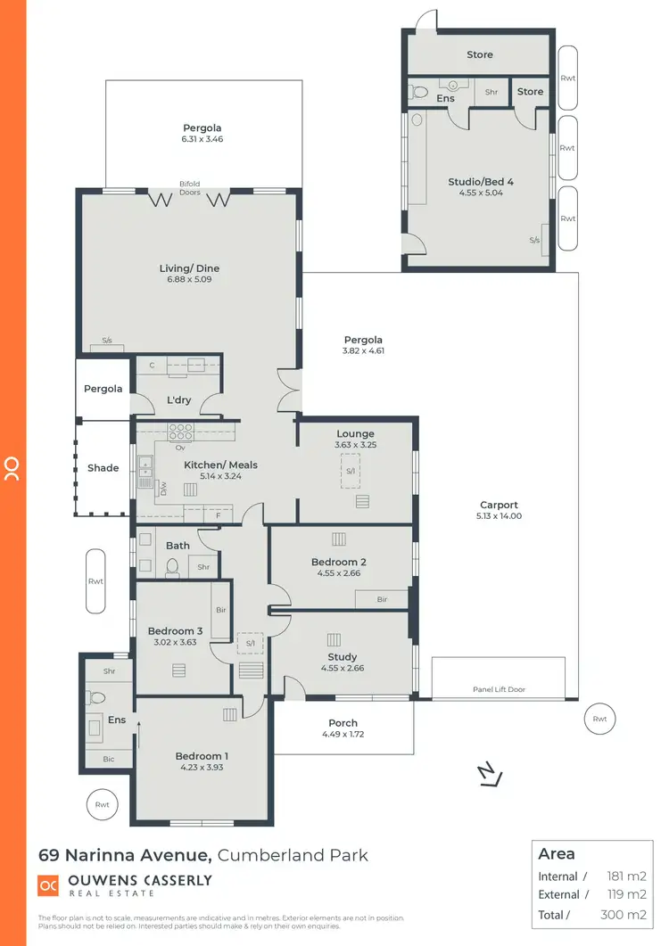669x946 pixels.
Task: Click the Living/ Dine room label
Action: [x=189, y=268]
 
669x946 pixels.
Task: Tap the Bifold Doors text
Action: [x=189, y=188]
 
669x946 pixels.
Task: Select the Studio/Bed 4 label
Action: [x=480, y=182]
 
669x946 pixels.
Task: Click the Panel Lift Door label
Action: [x=499, y=689]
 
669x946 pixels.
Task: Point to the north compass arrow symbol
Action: [x=488, y=777]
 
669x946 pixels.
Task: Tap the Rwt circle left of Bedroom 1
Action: [x=103, y=804]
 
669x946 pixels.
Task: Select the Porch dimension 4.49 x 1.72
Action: [x=343, y=735]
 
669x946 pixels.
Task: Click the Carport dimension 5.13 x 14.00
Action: [x=499, y=516]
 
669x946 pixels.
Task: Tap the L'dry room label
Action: [x=179, y=400]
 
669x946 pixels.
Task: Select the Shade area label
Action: [x=103, y=467]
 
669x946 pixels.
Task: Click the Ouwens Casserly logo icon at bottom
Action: [x=47, y=885]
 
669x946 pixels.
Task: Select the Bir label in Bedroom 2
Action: [x=382, y=599]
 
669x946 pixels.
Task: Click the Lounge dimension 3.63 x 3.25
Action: [x=355, y=444]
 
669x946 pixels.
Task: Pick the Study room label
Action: [x=343, y=657]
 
